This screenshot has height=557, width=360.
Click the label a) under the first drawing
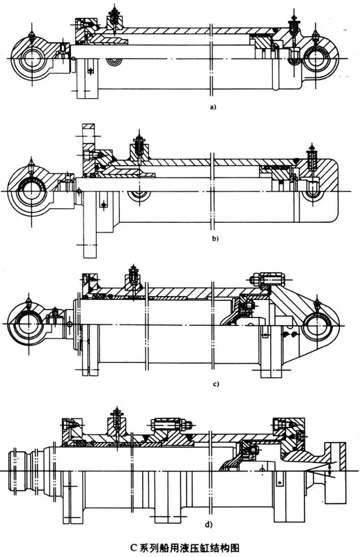point(213,107)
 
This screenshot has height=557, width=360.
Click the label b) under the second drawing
point(215,238)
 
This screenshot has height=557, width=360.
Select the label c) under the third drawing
point(215,384)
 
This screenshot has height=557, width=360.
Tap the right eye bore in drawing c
point(316,324)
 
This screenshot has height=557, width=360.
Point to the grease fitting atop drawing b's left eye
point(31,166)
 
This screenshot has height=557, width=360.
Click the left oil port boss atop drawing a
point(114,19)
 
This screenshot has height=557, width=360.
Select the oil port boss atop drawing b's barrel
point(139,148)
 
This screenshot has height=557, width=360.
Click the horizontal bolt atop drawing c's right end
point(268,279)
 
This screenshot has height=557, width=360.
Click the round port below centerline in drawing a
point(114,62)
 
